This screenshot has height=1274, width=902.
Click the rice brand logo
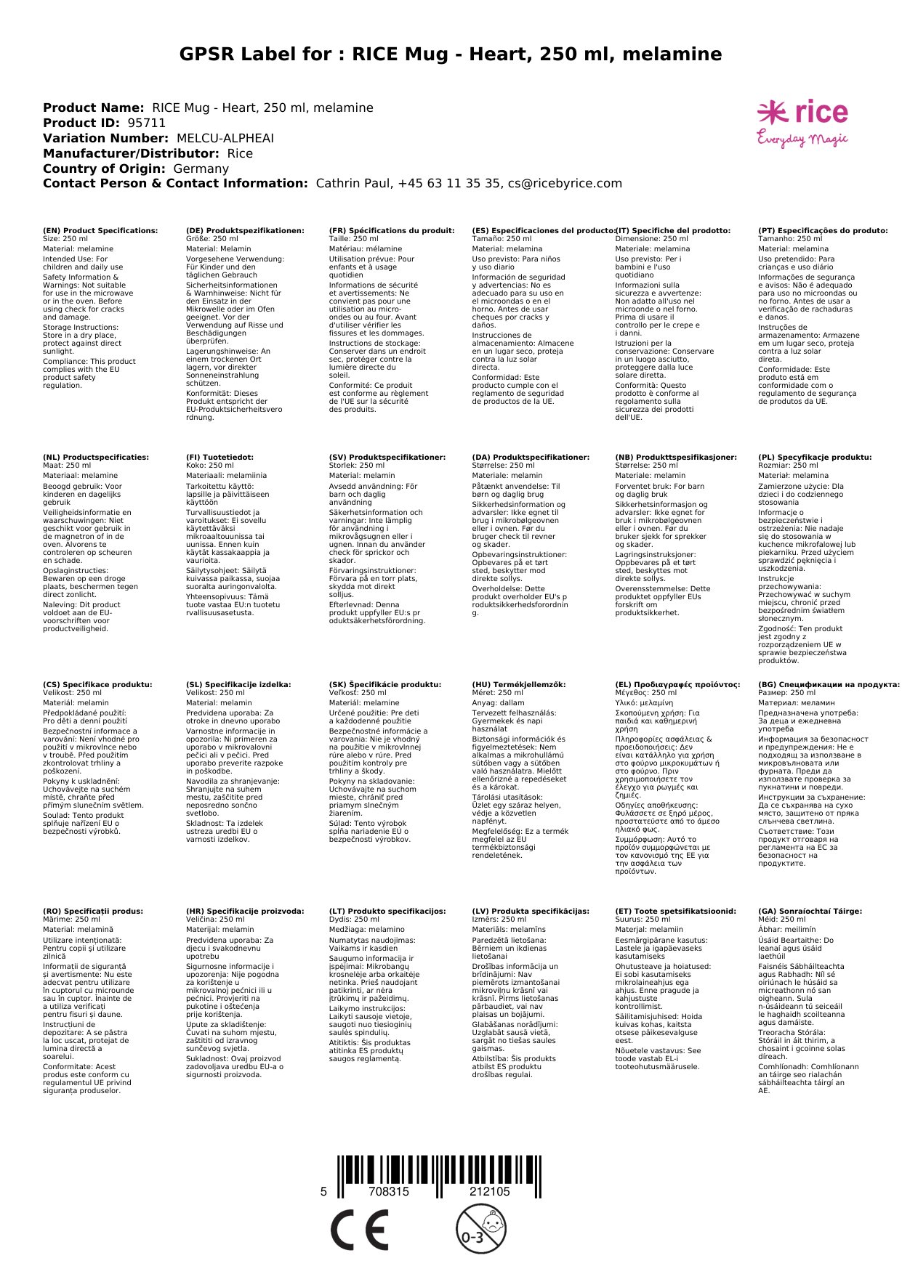802,113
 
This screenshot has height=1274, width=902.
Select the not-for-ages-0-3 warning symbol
480,1228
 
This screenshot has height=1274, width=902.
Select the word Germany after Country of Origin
201,169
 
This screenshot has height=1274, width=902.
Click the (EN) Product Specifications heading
100,230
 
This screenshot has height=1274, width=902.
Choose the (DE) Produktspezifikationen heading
245,230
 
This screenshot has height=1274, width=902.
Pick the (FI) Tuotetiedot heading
220,458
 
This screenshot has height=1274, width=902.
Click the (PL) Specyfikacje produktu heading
815,458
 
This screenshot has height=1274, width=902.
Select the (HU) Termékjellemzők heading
518,684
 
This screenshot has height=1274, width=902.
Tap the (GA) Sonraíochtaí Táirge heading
810,911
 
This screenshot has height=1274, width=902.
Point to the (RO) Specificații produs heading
93,911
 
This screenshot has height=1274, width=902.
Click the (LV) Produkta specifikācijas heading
531,911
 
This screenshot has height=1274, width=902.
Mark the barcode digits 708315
389,1192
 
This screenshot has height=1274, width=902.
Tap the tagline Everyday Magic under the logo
802,138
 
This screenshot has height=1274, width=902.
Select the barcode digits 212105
489,1192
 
